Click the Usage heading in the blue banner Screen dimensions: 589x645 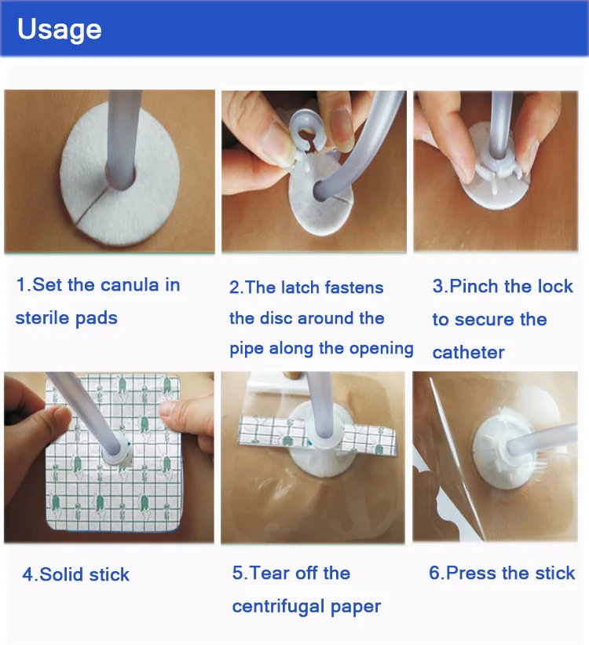tap(60, 30)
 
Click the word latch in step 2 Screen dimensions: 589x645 tap(295, 287)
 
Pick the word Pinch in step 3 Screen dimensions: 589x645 tap(474, 286)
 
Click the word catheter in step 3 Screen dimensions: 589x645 tap(468, 353)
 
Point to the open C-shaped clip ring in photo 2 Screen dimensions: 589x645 tap(307, 130)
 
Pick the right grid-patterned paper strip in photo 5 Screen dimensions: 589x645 tap(368, 439)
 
